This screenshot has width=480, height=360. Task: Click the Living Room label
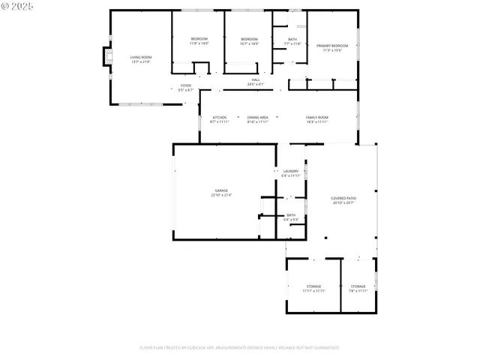[x=141, y=57]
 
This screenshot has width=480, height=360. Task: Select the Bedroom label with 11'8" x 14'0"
[x=199, y=39]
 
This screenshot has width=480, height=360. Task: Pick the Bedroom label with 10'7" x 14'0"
[x=249, y=39]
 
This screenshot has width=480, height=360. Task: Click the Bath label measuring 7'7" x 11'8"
[x=292, y=39]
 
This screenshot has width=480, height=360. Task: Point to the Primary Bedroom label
[x=332, y=46]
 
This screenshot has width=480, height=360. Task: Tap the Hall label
[x=256, y=79]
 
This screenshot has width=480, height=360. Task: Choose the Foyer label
[x=186, y=85]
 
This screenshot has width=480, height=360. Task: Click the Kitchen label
[x=220, y=117]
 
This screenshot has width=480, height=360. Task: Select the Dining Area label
[x=258, y=117]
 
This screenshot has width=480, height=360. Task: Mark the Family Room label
[x=316, y=117]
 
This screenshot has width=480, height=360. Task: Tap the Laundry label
[x=291, y=171]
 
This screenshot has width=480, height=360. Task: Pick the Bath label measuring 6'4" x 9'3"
[x=291, y=215]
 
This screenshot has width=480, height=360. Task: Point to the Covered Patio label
[x=343, y=198]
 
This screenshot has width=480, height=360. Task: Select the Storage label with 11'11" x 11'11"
[x=313, y=286]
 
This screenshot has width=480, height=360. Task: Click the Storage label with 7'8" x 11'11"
[x=358, y=286]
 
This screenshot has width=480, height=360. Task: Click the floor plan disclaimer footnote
[x=239, y=347]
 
